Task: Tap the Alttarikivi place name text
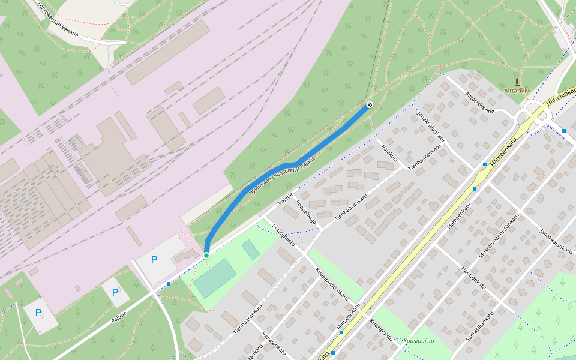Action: (517, 91)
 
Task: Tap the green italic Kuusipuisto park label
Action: (418, 341)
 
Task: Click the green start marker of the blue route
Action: (206, 256)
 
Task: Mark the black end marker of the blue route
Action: (370, 105)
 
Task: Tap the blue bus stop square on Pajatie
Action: (169, 283)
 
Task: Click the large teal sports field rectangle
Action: (214, 278)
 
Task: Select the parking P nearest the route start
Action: (154, 260)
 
